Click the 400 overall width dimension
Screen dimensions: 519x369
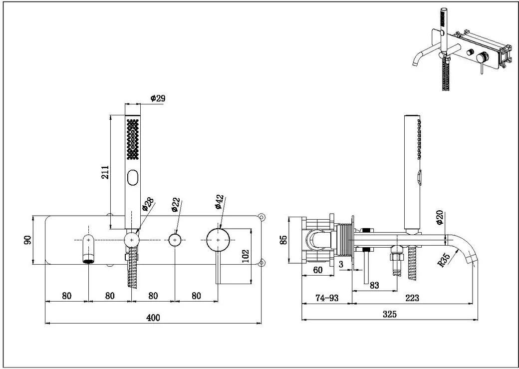click(153, 318)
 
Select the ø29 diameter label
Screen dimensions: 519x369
click(158, 98)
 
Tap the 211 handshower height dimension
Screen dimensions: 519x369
click(105, 172)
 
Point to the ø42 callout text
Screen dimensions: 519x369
click(220, 202)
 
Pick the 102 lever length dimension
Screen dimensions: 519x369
click(245, 256)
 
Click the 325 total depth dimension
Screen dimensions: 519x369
click(390, 314)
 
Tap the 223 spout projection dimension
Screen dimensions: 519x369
click(412, 298)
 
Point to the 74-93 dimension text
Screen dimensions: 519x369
click(327, 298)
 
